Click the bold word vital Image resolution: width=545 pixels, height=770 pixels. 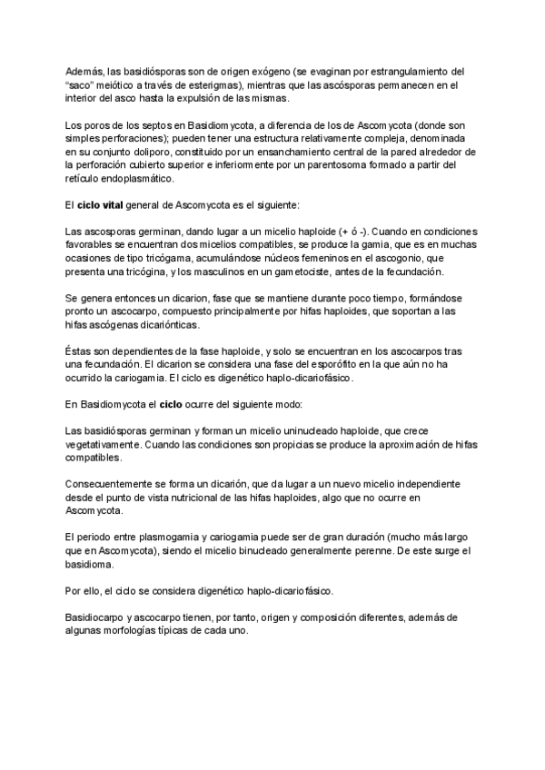(112, 205)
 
